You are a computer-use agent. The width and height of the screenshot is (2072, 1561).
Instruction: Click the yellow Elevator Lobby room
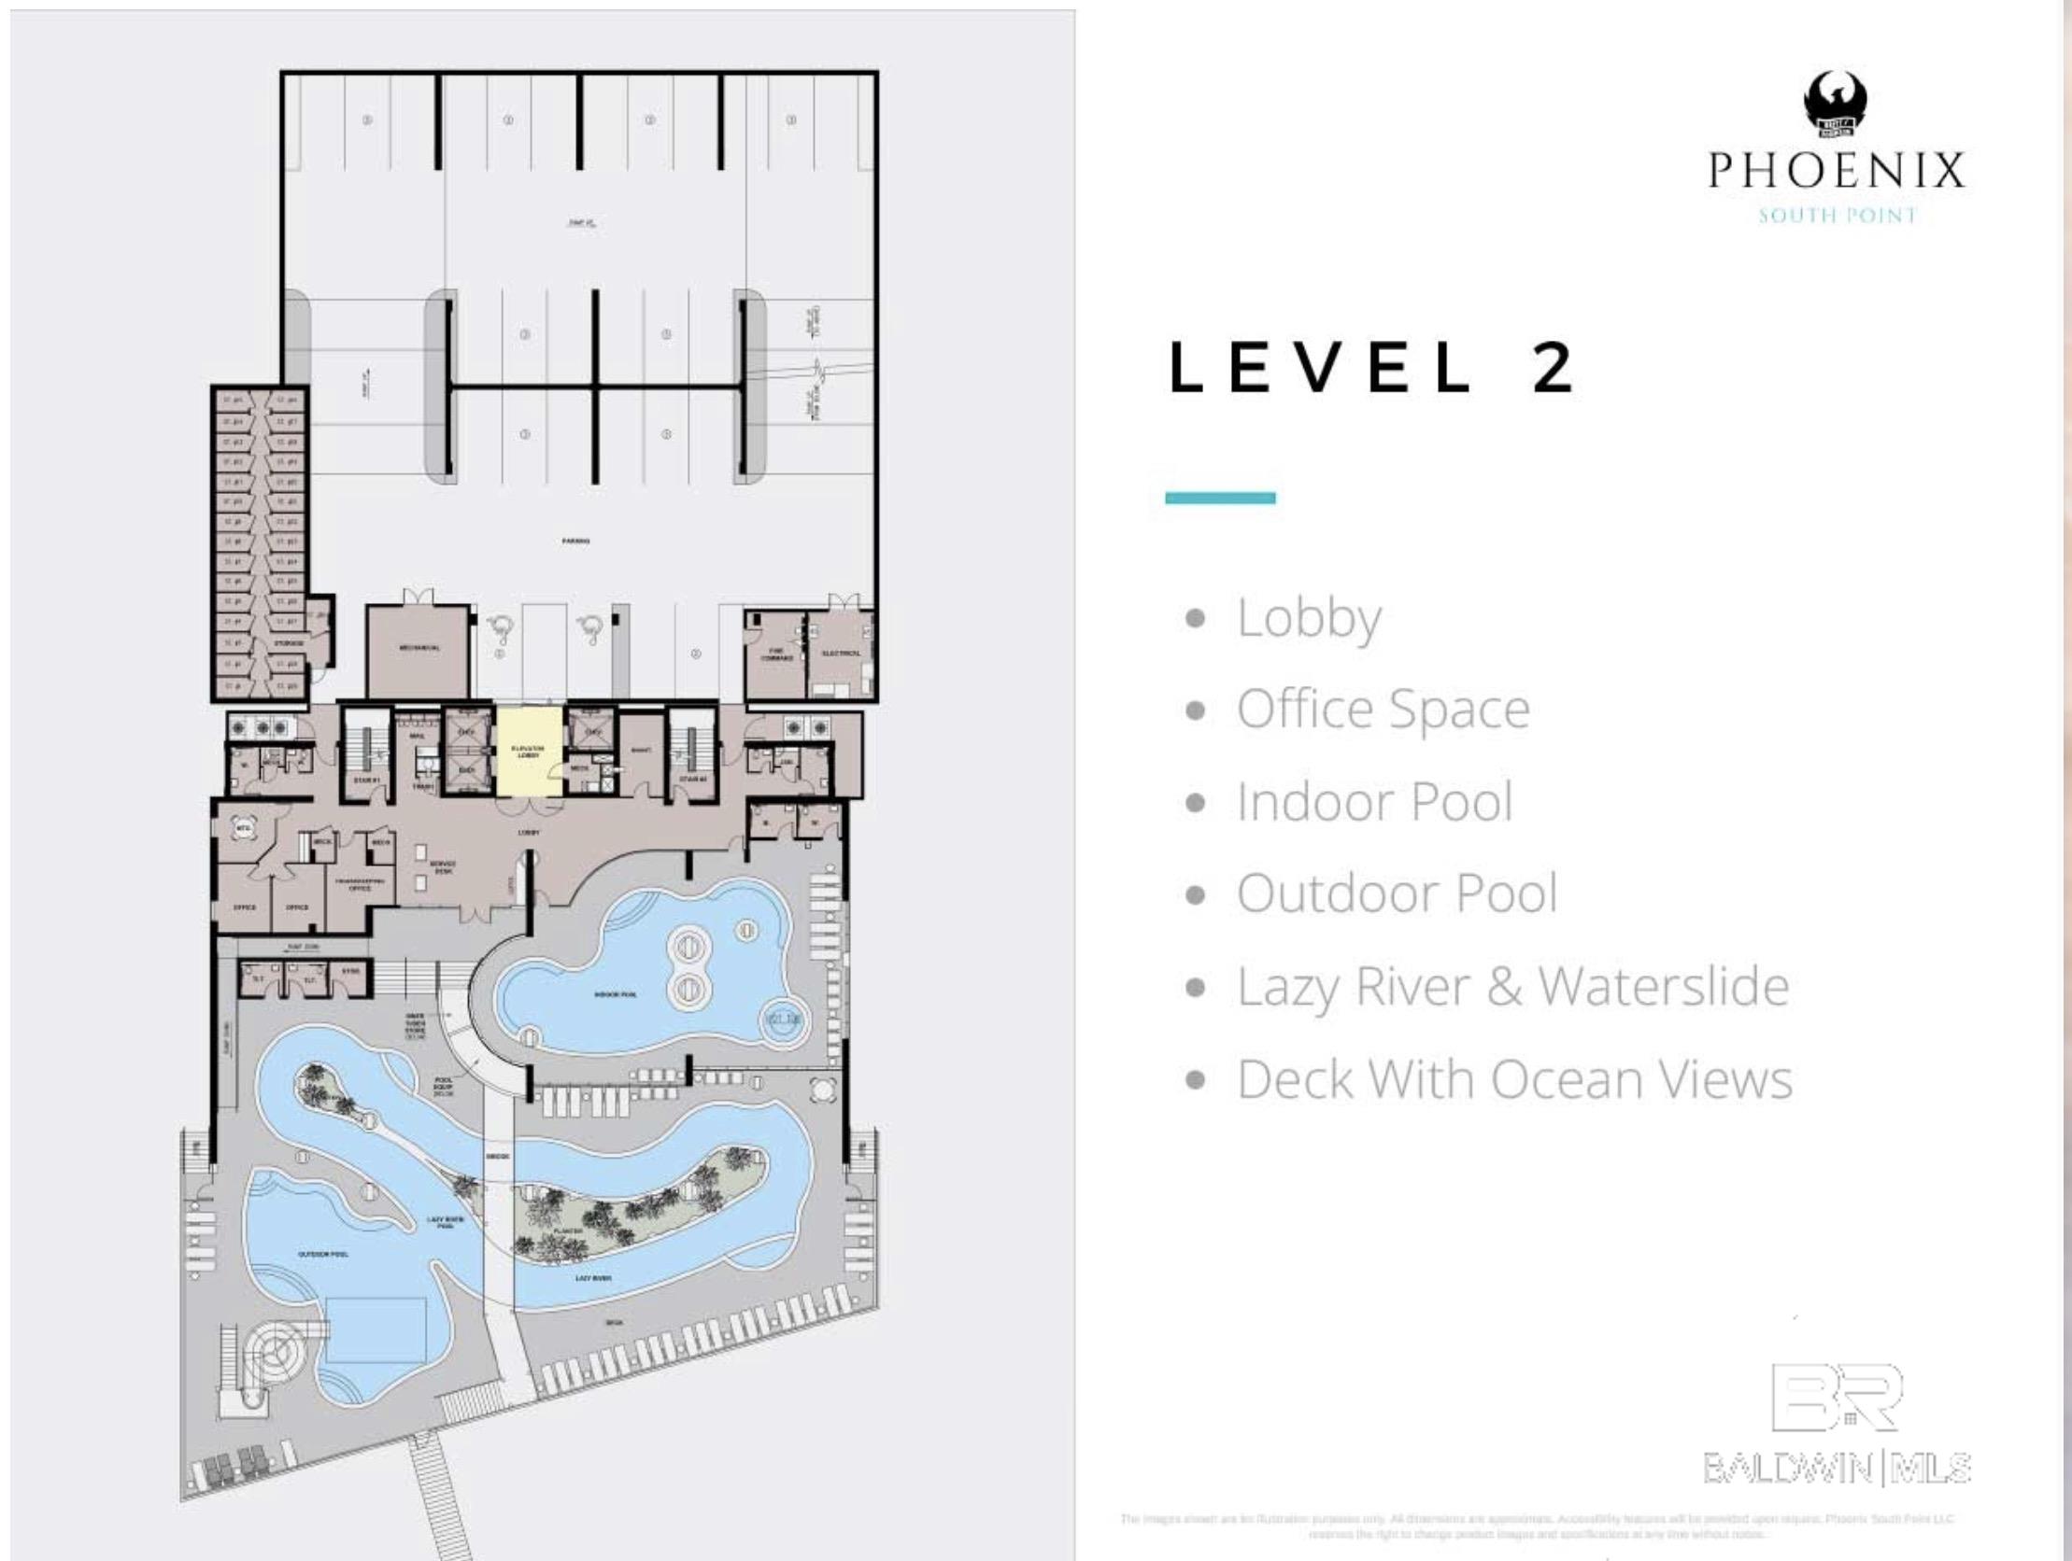(530, 751)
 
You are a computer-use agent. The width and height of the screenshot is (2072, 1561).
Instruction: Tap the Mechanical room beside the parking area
(419, 650)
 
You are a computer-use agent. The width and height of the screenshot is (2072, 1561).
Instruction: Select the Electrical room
(840, 653)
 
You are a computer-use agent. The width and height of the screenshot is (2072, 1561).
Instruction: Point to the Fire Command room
(775, 655)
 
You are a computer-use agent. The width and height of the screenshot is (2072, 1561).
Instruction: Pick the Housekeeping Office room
(360, 885)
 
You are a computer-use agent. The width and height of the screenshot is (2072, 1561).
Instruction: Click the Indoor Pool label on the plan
(616, 994)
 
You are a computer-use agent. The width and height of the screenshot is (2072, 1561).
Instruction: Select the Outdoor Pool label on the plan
(323, 1253)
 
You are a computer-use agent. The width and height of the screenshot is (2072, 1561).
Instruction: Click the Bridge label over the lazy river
(498, 1157)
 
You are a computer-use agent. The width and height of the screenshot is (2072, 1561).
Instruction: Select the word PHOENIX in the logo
(1835, 171)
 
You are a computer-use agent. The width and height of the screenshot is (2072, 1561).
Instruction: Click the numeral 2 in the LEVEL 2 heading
(1553, 367)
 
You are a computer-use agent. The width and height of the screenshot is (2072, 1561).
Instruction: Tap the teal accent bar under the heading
(1220, 498)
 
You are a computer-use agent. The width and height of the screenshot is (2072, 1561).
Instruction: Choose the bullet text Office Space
(1383, 709)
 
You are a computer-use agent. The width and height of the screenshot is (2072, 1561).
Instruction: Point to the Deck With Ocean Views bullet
(1513, 1078)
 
